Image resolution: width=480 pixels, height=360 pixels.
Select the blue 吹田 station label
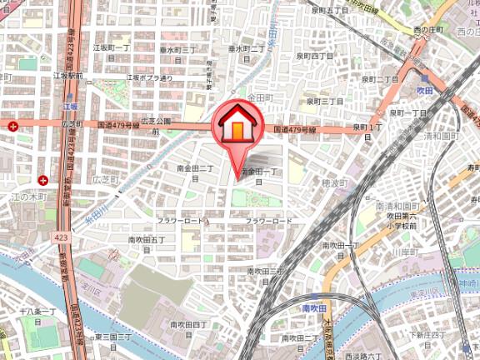coord(425,87)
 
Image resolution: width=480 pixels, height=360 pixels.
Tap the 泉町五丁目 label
coord(316,10)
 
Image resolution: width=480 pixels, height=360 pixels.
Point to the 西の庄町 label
coord(431,30)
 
